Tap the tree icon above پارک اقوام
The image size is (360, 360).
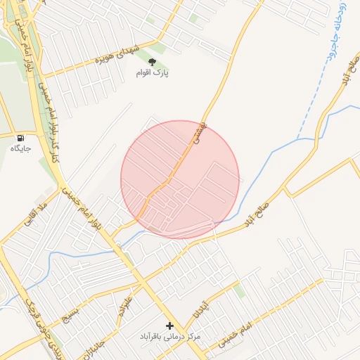[153, 62]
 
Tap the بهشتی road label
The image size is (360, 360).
[200, 132]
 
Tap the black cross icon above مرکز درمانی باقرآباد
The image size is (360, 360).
[169, 326]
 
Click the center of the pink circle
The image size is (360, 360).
[180, 180]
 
